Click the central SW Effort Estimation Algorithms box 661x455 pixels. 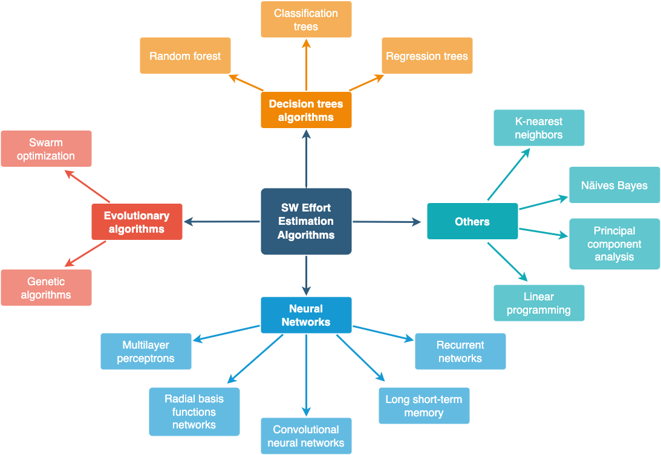tap(306, 221)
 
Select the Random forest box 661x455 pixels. tap(185, 56)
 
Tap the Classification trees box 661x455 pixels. tap(306, 19)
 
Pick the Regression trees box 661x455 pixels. tap(427, 56)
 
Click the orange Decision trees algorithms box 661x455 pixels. tap(306, 110)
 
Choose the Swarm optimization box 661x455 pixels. tap(46, 149)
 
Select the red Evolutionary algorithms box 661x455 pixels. tap(137, 222)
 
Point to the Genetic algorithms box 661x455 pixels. tap(46, 288)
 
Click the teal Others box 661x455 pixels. tap(472, 222)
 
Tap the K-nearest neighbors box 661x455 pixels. tap(539, 128)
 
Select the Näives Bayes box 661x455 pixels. tap(614, 185)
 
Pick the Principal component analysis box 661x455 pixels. tap(614, 244)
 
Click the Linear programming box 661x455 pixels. tap(539, 303)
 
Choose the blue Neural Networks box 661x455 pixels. tap(306, 315)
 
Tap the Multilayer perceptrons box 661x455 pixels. tap(146, 351)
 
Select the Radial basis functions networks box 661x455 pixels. tap(194, 411)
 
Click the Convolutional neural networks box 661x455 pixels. tap(306, 436)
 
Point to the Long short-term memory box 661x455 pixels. tap(424, 405)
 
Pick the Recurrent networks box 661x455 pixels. tap(460, 351)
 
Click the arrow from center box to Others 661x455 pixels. tap(387, 222)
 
